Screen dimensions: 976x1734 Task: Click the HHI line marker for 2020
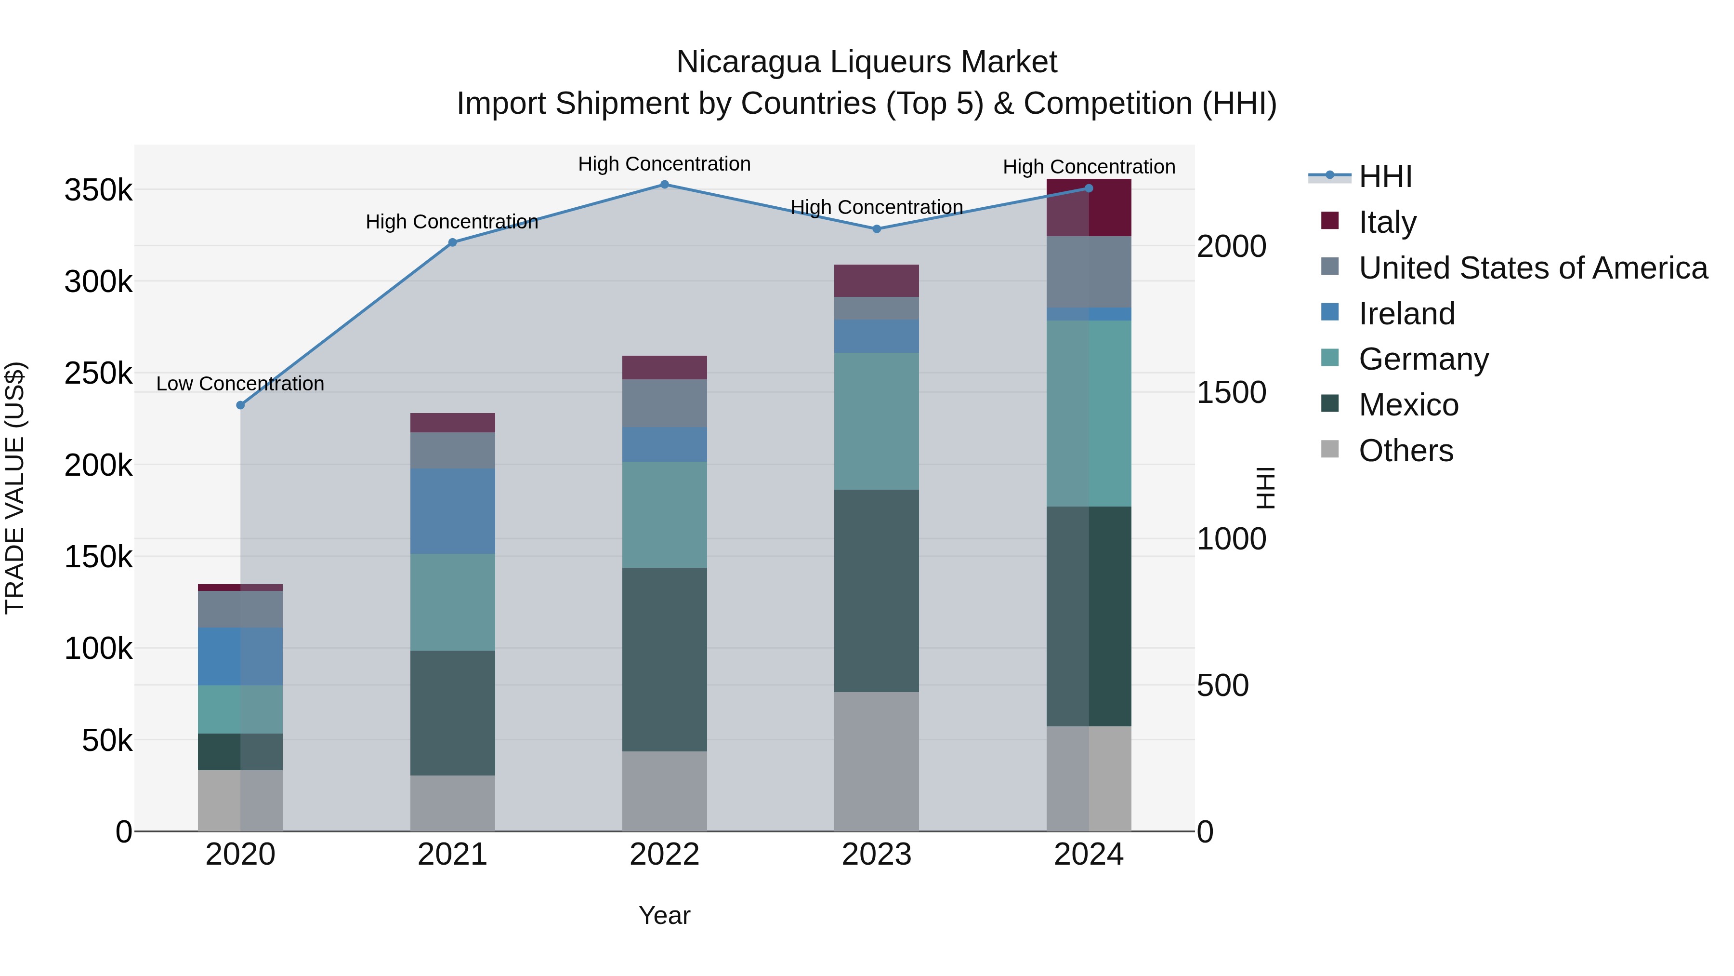click(x=240, y=405)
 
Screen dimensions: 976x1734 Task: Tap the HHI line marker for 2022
click(x=664, y=185)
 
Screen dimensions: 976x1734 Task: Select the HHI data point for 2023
click(x=877, y=229)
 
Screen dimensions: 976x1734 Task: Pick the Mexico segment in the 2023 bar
click(x=877, y=591)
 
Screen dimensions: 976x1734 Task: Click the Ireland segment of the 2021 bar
click(x=452, y=511)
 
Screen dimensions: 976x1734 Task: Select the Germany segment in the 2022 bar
click(x=664, y=515)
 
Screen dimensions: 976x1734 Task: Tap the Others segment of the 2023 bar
click(x=877, y=761)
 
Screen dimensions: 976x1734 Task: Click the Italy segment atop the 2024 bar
click(x=1089, y=207)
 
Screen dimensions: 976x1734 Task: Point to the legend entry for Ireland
click(x=1407, y=314)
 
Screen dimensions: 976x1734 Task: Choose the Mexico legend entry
click(x=1408, y=405)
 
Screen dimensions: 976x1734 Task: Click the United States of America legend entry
click(x=1533, y=268)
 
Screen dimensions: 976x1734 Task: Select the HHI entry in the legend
click(x=1385, y=176)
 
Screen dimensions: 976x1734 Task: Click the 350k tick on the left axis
click(x=98, y=190)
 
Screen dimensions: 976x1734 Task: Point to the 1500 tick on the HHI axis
click(x=1231, y=393)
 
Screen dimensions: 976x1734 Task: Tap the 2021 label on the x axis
click(x=452, y=855)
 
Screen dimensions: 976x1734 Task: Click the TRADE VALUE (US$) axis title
click(x=15, y=488)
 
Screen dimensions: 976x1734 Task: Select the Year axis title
click(x=664, y=915)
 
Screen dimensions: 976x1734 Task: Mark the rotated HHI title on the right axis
click(x=1265, y=488)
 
